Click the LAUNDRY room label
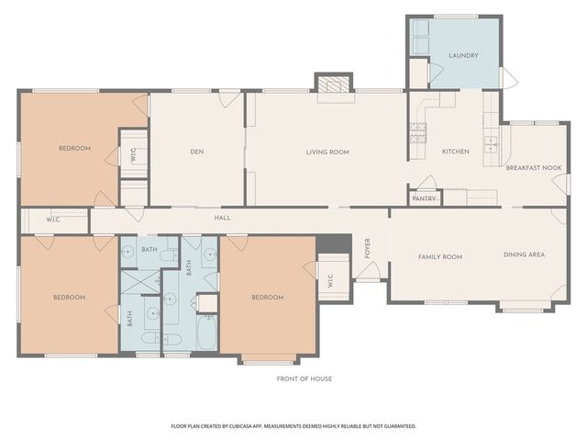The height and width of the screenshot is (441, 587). (x=463, y=55)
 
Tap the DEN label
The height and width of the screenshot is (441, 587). (x=197, y=152)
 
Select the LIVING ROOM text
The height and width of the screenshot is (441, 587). (x=327, y=153)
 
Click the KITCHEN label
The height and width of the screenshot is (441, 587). (x=456, y=152)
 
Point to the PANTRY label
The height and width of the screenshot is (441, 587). (x=424, y=198)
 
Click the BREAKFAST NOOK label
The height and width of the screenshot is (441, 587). (x=534, y=168)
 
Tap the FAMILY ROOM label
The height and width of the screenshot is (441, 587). (x=440, y=257)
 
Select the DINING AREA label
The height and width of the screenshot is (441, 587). (x=524, y=254)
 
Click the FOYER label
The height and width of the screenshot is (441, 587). (x=368, y=248)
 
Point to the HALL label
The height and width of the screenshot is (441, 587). (x=222, y=218)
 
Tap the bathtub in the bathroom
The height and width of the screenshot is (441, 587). (x=206, y=333)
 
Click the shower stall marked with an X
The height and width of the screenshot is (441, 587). (x=140, y=282)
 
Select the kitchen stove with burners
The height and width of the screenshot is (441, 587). (x=418, y=133)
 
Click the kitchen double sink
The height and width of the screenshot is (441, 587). (x=491, y=144)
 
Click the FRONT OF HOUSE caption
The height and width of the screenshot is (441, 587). (x=305, y=379)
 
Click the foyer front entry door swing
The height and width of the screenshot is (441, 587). (x=368, y=270)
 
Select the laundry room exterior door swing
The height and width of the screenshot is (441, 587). (x=509, y=77)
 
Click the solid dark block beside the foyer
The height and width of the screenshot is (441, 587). (x=334, y=243)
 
